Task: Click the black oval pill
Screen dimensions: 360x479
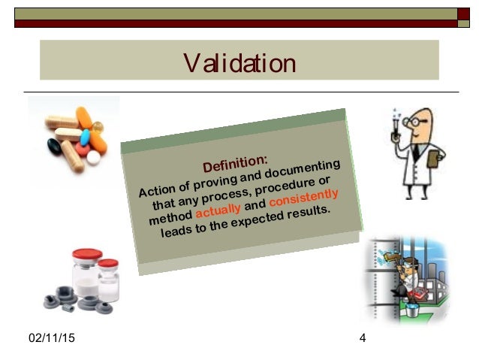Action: coord(54,144)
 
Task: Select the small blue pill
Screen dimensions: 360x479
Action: coord(85,137)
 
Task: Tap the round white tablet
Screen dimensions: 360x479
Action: coord(94,158)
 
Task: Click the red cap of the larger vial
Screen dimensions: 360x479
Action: coord(86,255)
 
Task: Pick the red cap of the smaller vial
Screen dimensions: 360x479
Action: coord(108,265)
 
